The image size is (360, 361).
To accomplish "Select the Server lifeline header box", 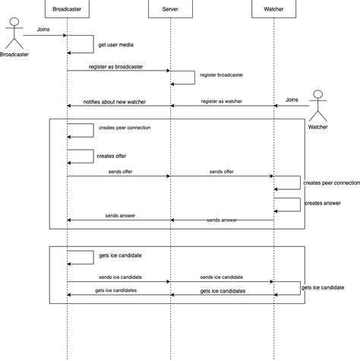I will tap(170, 8).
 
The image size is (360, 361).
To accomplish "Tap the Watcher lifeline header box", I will tap(273, 8).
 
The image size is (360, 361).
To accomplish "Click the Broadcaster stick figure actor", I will tap(14, 33).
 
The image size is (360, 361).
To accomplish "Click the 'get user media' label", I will tap(116, 45).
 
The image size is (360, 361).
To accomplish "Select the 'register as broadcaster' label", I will tap(118, 66).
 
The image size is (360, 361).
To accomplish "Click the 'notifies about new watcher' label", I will tap(115, 101).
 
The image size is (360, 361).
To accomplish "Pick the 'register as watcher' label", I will tap(223, 101).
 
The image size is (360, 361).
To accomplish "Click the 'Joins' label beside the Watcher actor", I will tap(292, 100).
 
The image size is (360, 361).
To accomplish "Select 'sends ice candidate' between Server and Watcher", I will tap(222, 277).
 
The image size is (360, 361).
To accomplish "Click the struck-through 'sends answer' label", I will tap(222, 220).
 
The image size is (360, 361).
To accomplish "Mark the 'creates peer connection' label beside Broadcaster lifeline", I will tap(125, 128).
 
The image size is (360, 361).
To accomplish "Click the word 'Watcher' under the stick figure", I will tap(318, 127).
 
